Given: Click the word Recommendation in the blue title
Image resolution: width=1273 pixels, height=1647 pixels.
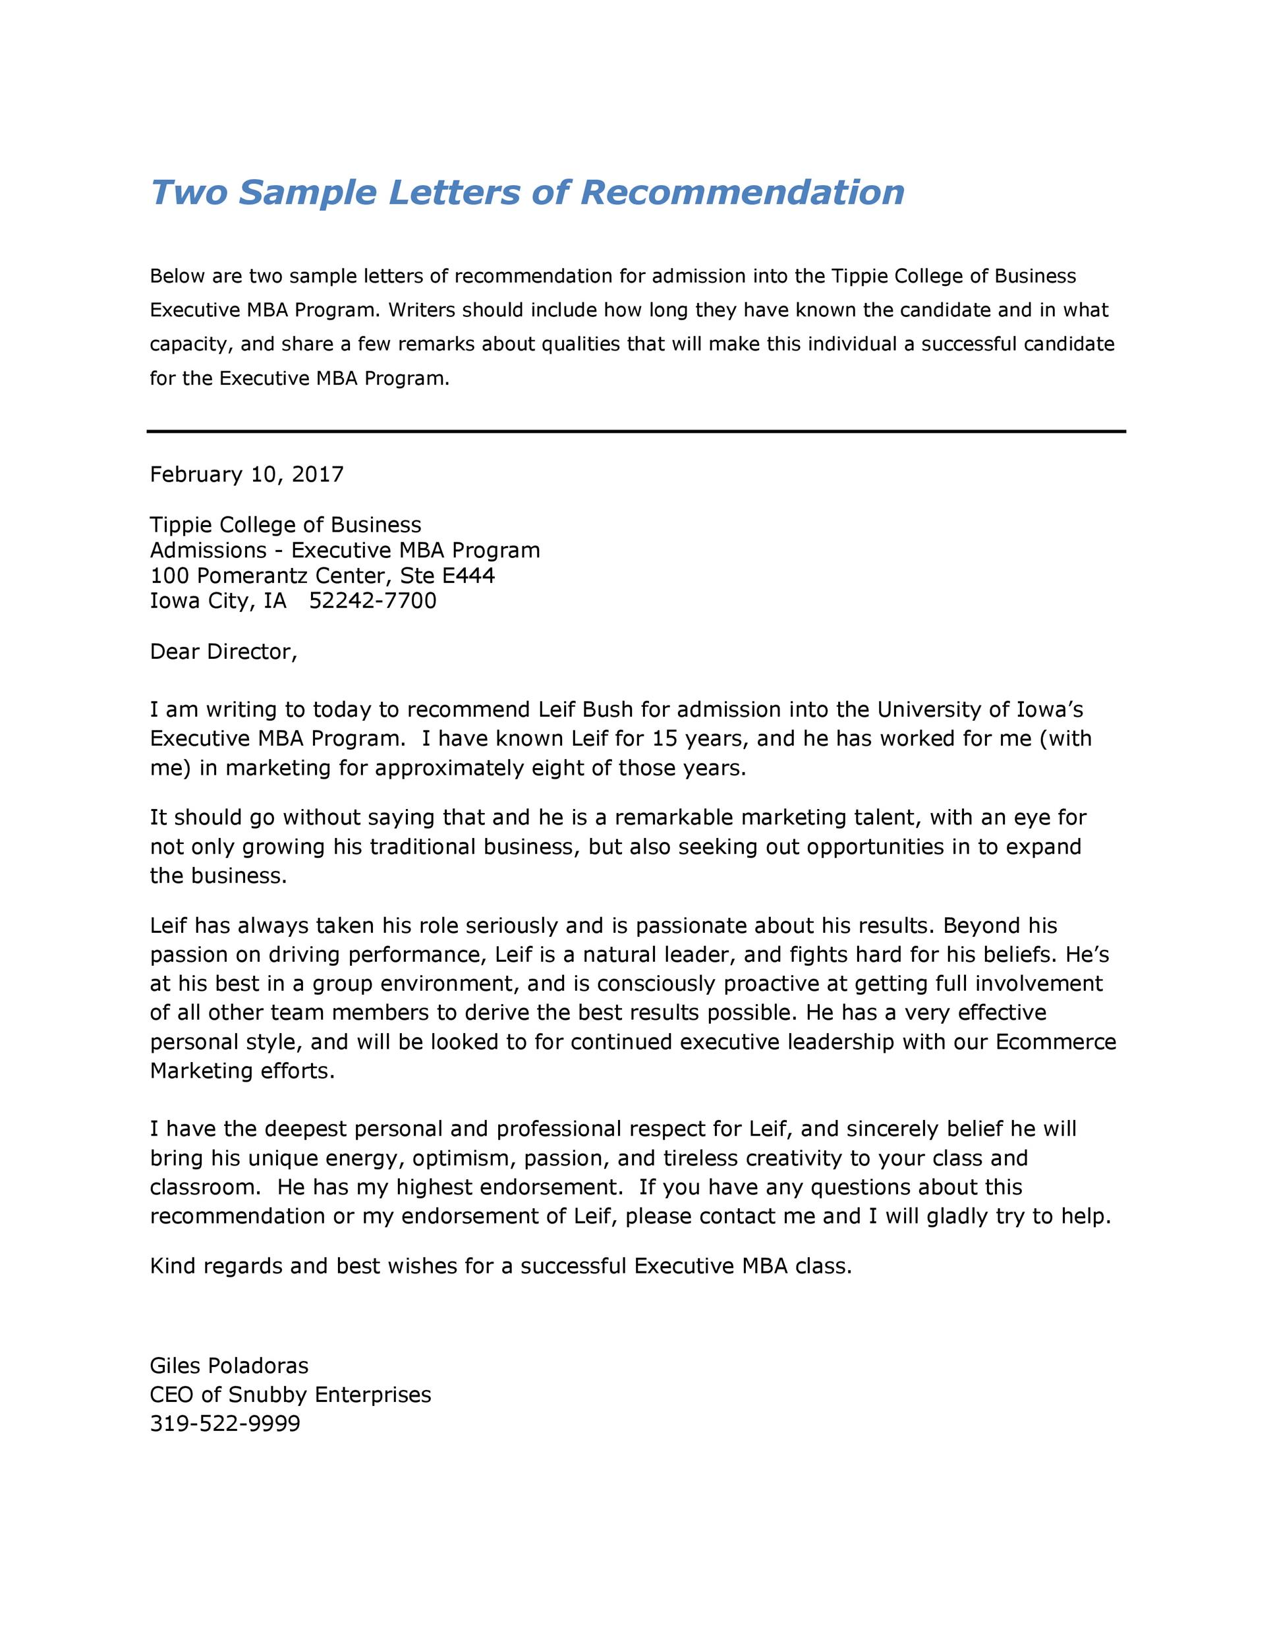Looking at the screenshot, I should coord(742,192).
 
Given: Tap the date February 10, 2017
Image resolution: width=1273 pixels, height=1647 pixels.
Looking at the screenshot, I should coord(246,474).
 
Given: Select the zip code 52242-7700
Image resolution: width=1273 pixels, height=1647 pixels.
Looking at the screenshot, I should coord(372,601).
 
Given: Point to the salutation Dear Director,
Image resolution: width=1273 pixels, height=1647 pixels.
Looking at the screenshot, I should coord(224,652).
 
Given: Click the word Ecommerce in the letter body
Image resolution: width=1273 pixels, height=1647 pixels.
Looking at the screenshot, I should coord(1056,1042).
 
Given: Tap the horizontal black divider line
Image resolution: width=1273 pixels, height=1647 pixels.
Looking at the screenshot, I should coord(636,432).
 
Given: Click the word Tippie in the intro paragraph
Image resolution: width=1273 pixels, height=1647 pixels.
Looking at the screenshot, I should coord(860,276).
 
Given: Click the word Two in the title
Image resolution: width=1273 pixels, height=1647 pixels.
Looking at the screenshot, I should coord(188,192).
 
